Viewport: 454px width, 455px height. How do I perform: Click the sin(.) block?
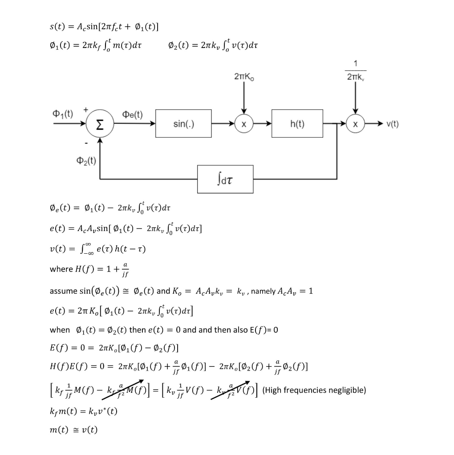[183, 124]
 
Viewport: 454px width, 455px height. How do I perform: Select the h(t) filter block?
[297, 124]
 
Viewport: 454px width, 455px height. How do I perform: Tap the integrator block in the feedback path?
[225, 180]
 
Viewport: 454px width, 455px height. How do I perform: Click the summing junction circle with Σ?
[100, 124]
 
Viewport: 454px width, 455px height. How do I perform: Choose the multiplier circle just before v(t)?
[355, 124]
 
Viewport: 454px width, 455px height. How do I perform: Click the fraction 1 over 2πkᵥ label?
[355, 71]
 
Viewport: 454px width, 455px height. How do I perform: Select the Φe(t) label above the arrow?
[132, 115]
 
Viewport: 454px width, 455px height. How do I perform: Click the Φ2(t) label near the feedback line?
[87, 160]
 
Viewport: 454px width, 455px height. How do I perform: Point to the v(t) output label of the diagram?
[393, 124]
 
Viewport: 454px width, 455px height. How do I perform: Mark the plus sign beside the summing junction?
[86, 108]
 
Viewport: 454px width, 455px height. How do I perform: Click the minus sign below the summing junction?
[86, 143]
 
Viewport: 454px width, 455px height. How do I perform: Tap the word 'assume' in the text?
[63, 291]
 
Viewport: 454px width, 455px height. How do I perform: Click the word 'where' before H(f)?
[61, 269]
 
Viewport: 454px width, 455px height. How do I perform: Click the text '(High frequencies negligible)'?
[314, 390]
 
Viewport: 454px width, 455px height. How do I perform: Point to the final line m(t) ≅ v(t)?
[73, 429]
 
